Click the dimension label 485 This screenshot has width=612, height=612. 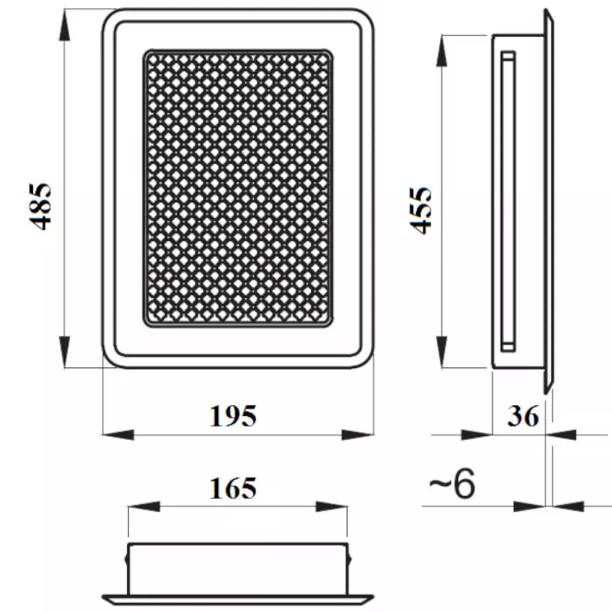pyautogui.click(x=40, y=206)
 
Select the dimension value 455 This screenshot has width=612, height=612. pyautogui.click(x=421, y=211)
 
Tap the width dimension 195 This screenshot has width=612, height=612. pyautogui.click(x=234, y=416)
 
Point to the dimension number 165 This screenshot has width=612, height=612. pyautogui.click(x=234, y=489)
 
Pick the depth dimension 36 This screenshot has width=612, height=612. pyautogui.click(x=524, y=416)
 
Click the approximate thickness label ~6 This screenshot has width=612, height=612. pyautogui.click(x=453, y=483)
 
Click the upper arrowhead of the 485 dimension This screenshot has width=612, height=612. pyautogui.click(x=64, y=25)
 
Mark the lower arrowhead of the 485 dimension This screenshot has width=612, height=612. pyautogui.click(x=64, y=352)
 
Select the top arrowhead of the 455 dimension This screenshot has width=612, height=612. pyautogui.click(x=442, y=51)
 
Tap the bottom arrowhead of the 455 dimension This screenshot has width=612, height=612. pyautogui.click(x=442, y=352)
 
